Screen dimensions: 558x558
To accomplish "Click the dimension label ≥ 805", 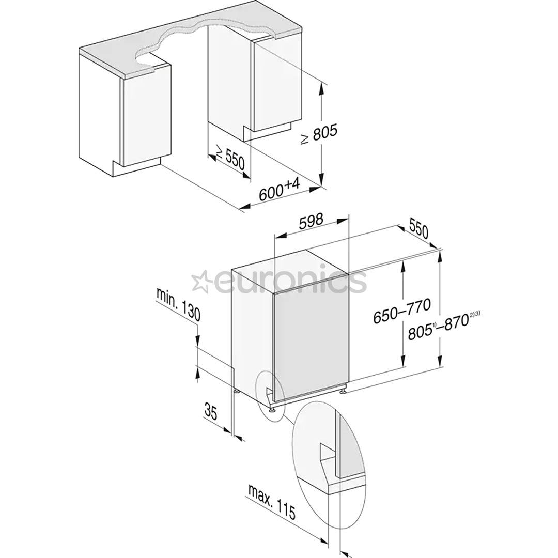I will [x=319, y=135].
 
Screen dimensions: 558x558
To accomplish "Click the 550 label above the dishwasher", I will [x=419, y=229].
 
